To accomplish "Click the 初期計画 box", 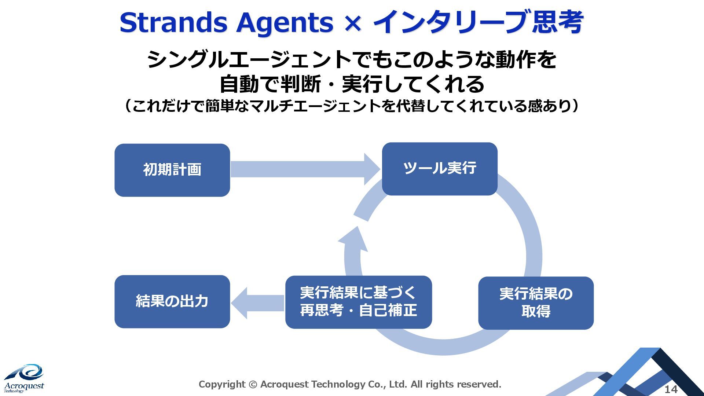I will coord(172,170).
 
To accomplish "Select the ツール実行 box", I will coord(439,169).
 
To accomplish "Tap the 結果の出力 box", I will coord(172,301).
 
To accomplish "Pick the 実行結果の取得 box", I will coord(536,303).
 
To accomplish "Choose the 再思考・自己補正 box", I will coord(358,302).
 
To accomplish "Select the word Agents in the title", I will coord(285,23).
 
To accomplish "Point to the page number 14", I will coord(671,389).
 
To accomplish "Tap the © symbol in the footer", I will coord(253,384).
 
